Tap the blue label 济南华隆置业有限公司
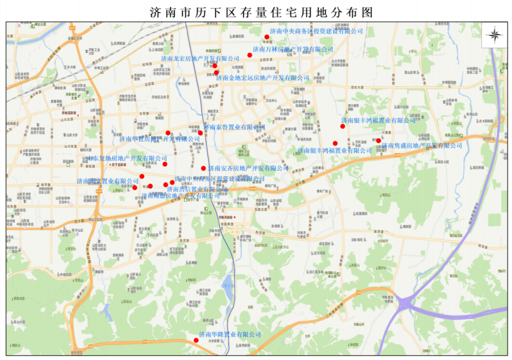tap(230, 334)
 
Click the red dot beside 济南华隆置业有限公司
tap(196, 340)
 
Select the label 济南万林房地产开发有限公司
tap(293, 49)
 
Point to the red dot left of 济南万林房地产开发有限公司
tap(250, 55)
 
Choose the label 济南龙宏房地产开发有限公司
tap(200, 58)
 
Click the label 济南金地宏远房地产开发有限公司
tap(262, 78)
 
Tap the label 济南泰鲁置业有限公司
tap(234, 127)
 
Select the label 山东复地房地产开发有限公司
tap(127, 158)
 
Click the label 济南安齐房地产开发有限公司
tap(248, 168)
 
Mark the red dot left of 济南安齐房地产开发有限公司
tap(203, 168)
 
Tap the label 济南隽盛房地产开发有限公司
tap(422, 146)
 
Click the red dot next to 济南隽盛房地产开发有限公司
tap(378, 141)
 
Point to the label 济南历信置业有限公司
tap(197, 189)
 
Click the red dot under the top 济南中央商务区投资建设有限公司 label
tap(267, 37)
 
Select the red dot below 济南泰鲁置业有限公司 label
tap(201, 133)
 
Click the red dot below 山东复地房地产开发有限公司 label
tap(165, 164)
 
